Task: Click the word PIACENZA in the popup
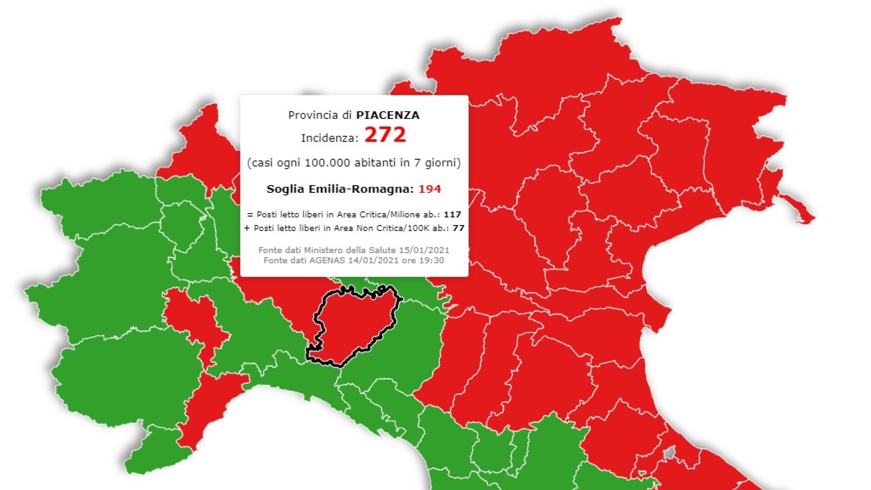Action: (387, 115)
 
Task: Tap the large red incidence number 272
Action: (385, 135)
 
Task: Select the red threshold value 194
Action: (429, 189)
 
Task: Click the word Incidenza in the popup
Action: (328, 138)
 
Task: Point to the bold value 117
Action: (452, 215)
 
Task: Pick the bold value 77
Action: (458, 228)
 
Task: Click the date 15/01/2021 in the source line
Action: (424, 250)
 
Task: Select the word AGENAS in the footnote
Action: (327, 260)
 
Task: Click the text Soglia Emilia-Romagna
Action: (339, 189)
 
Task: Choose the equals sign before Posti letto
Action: (250, 215)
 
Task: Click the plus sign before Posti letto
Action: (247, 228)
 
